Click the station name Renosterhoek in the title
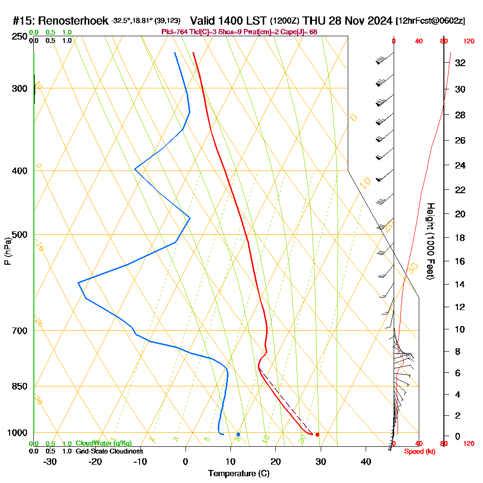coord(73,21)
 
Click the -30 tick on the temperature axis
coord(50,461)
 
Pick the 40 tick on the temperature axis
coord(366,461)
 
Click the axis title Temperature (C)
coord(239,473)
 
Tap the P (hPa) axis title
coord(7,251)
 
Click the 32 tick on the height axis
coord(460,63)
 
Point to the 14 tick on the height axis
coord(460,284)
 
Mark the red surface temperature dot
coord(317,435)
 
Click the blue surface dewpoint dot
coord(238,435)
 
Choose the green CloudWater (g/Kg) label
coord(103,443)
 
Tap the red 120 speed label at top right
coord(468,42)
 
